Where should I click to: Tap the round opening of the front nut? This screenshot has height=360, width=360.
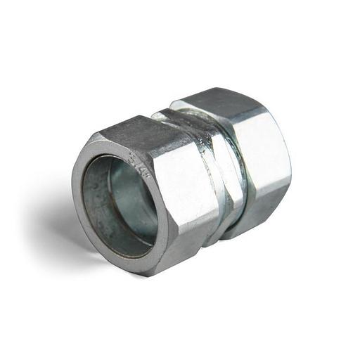(x=120, y=204)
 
